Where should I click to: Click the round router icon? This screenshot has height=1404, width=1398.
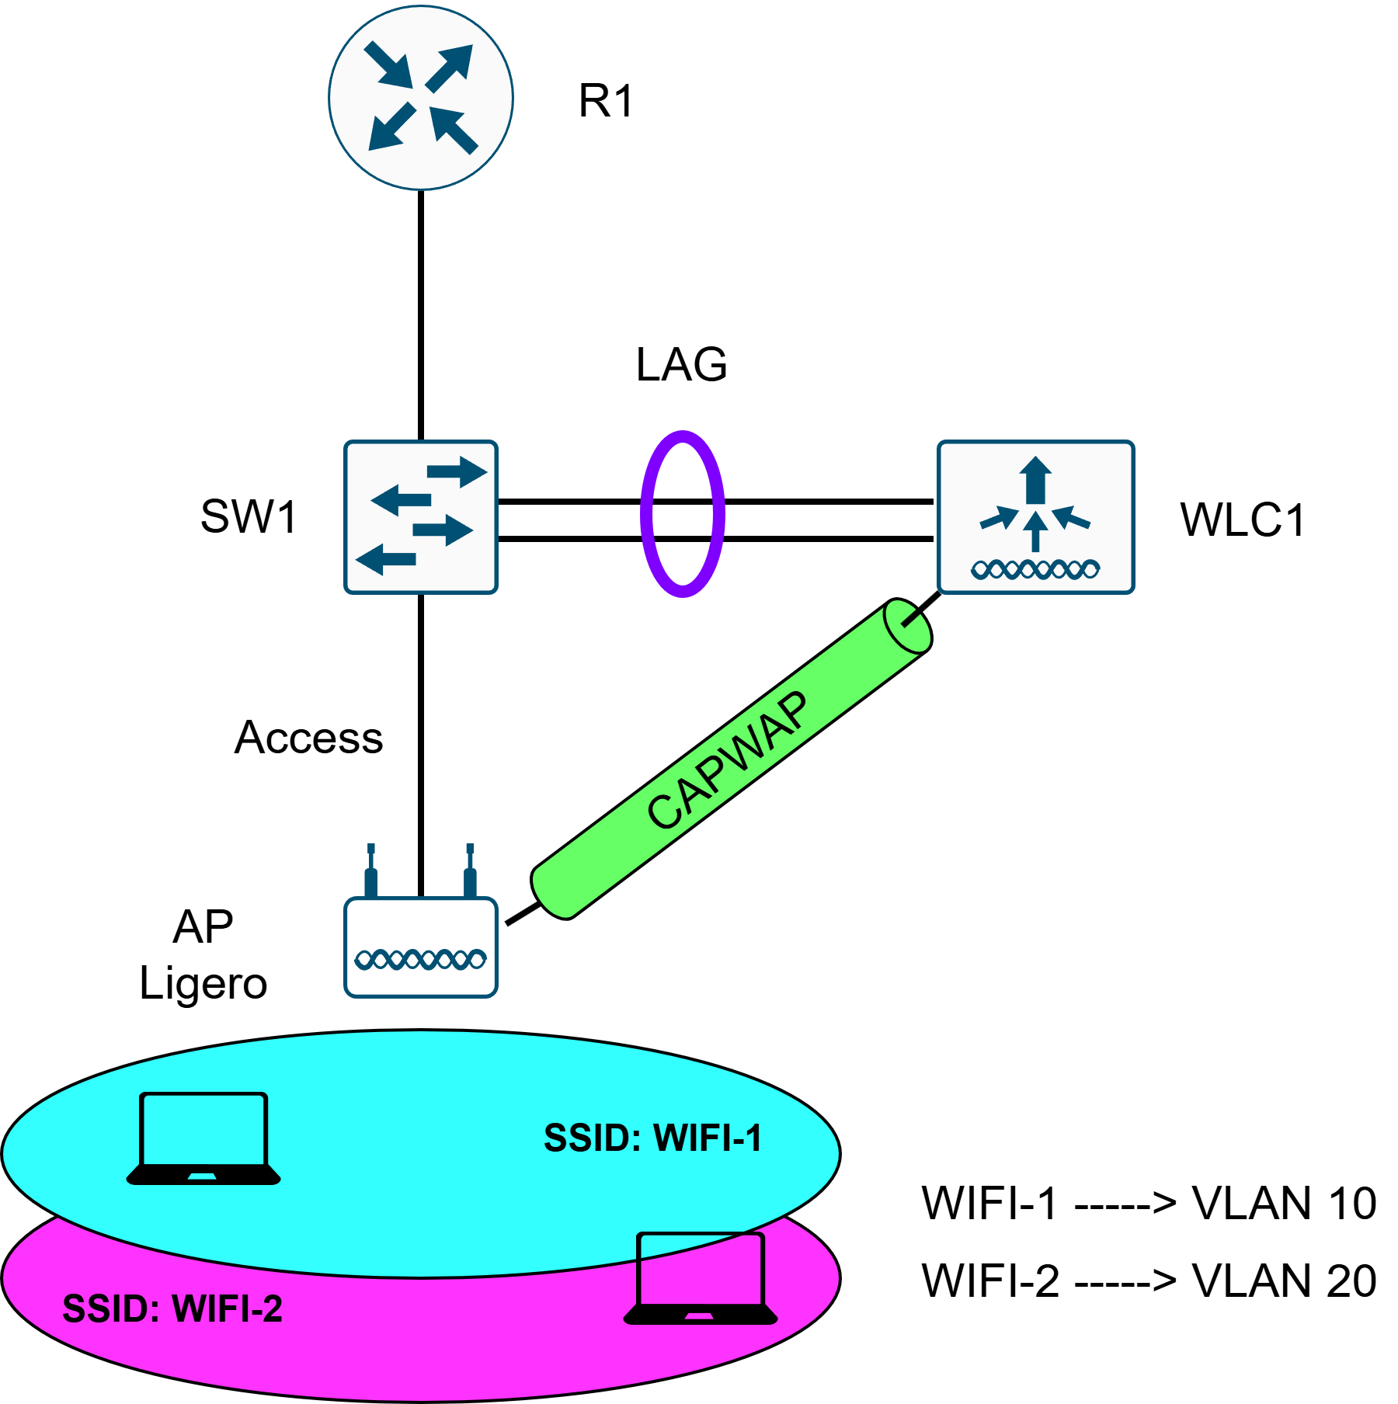tap(420, 98)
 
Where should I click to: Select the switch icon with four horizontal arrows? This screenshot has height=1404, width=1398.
tap(420, 517)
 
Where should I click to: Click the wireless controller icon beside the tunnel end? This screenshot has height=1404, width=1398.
tap(1035, 517)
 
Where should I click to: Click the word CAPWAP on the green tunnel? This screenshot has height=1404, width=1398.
tap(727, 759)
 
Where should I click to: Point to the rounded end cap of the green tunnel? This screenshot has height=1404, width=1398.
tap(907, 625)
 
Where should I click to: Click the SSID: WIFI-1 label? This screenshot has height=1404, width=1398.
tap(652, 1138)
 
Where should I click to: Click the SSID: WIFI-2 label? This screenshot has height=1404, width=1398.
tap(172, 1308)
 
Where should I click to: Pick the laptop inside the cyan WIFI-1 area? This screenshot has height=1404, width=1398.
tap(203, 1138)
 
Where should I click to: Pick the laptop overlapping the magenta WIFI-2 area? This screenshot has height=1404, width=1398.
tap(701, 1278)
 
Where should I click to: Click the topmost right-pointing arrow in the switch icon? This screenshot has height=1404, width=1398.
tap(457, 471)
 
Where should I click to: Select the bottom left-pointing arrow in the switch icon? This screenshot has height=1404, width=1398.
tap(385, 559)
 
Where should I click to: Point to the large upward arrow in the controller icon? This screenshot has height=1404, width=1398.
tap(1035, 479)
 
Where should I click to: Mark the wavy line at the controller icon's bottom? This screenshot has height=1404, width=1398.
tap(1035, 570)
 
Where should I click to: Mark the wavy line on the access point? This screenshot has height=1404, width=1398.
tap(420, 960)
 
